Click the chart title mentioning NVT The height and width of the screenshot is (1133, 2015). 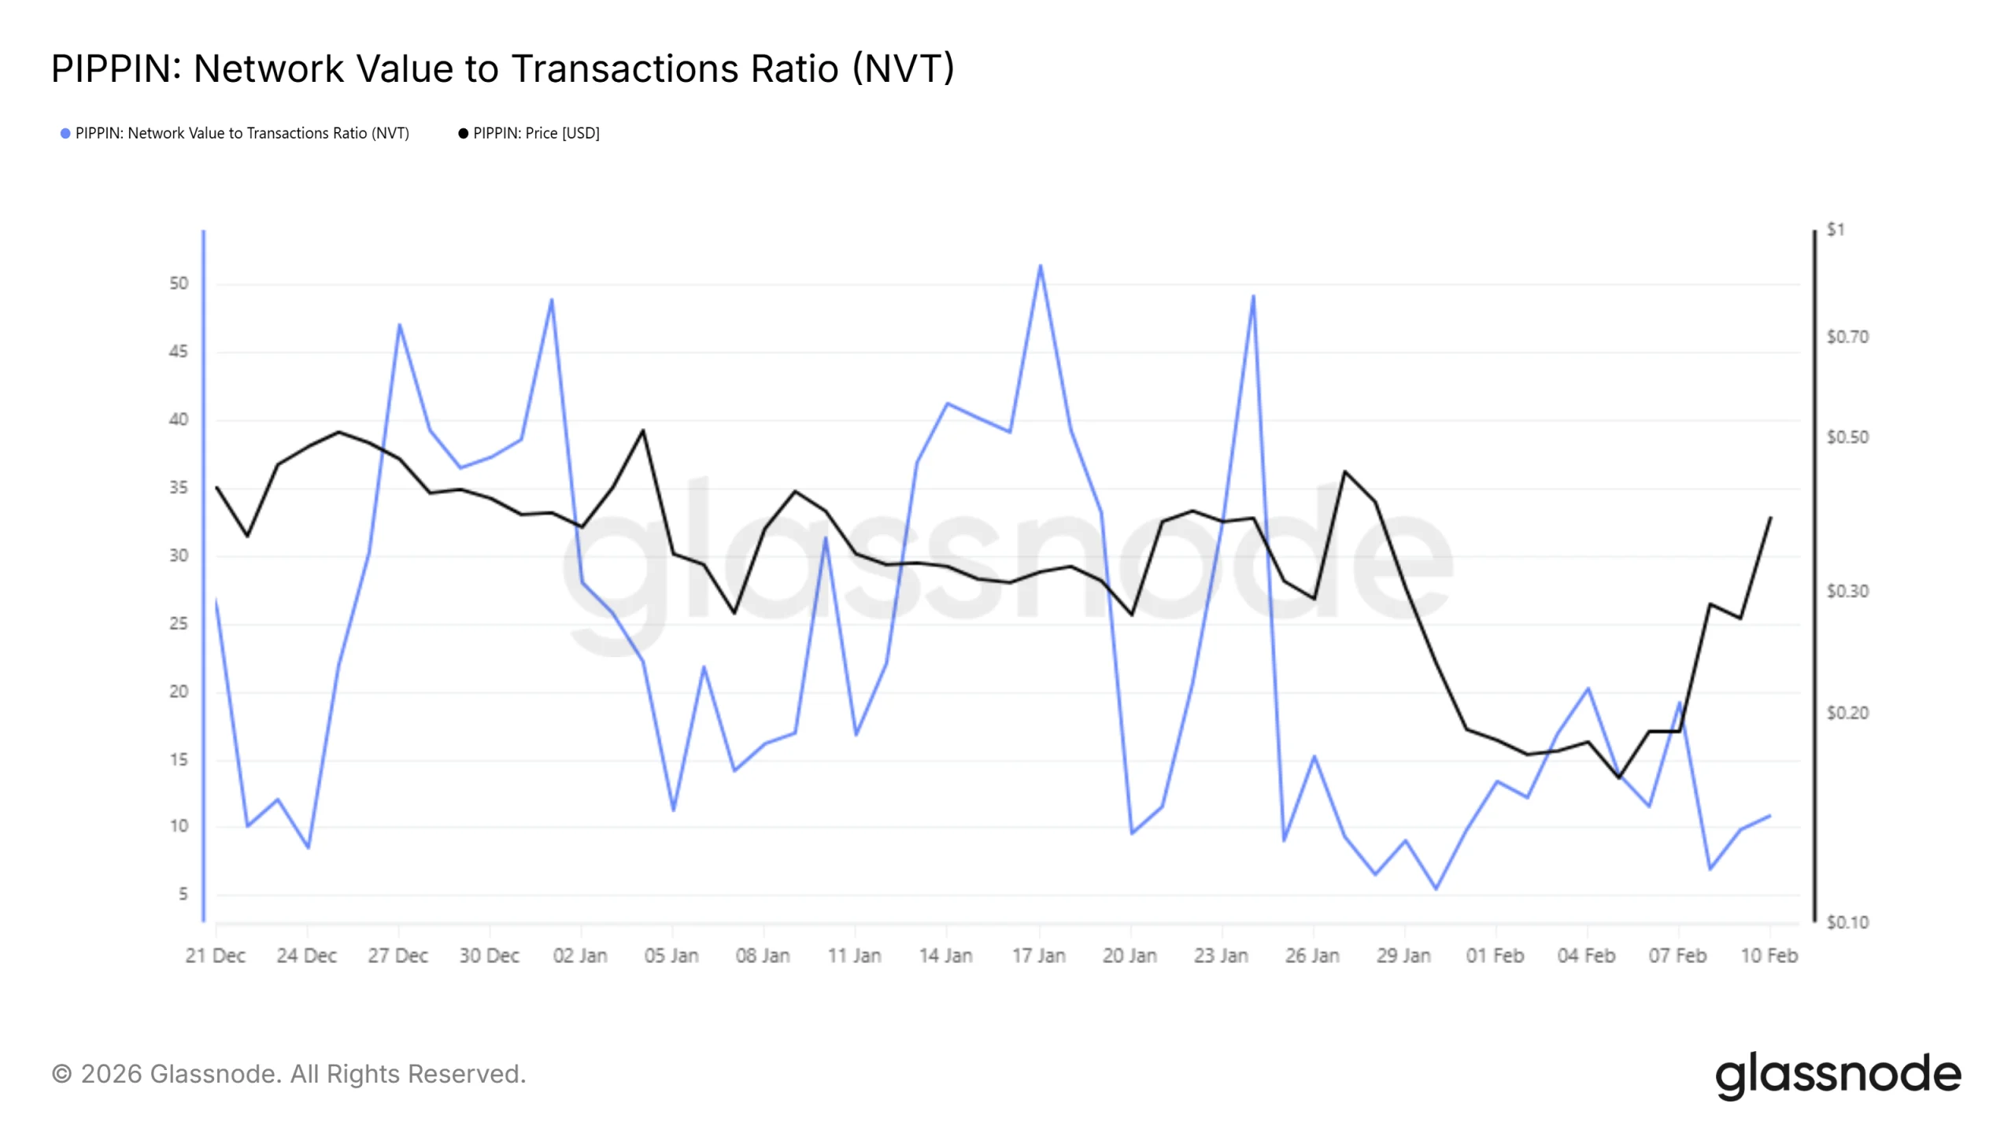coord(502,69)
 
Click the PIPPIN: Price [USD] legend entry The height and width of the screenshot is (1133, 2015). coord(529,134)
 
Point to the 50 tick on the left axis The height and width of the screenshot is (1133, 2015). coord(179,283)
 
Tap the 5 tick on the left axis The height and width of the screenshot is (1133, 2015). coord(183,895)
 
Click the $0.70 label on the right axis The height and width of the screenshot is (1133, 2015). coord(1847,338)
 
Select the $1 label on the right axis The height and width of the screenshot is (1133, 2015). coord(1835,230)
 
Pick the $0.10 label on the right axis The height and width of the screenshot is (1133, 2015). coord(1847,922)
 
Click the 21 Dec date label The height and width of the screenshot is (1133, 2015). coord(215,956)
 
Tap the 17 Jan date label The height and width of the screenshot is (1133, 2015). coord(1038,956)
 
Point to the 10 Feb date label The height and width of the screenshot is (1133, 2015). coord(1769,956)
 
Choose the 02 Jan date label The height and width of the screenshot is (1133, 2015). coord(580,956)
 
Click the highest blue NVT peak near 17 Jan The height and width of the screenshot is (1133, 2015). coord(1040,266)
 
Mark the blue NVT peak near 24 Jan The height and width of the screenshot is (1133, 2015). coord(1253,297)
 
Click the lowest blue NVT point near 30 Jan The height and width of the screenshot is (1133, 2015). coord(1436,889)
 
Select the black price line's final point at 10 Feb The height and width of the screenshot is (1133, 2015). coord(1770,518)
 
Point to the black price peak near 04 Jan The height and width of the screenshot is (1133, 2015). coord(643,430)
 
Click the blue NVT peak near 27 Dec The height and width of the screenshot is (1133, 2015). coord(399,325)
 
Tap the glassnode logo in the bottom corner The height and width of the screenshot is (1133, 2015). coord(1838,1076)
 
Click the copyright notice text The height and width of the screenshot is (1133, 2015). coord(288,1075)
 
